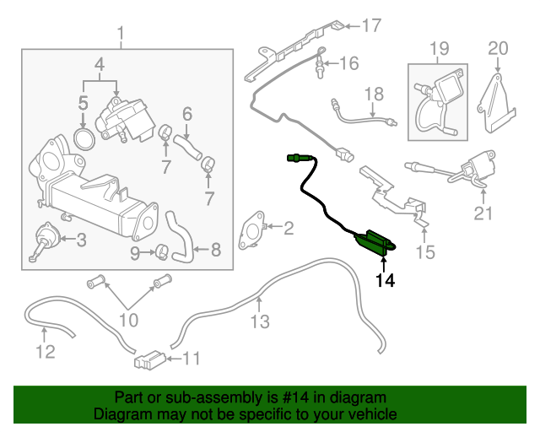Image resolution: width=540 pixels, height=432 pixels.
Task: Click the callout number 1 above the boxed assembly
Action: pos(120,34)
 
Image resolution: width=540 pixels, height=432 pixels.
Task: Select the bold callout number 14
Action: pos(385,280)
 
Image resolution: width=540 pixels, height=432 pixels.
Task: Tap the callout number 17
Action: pos(372,25)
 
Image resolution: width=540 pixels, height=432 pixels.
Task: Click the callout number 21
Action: pos(482,213)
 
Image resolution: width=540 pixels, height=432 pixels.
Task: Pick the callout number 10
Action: pos(127,319)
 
